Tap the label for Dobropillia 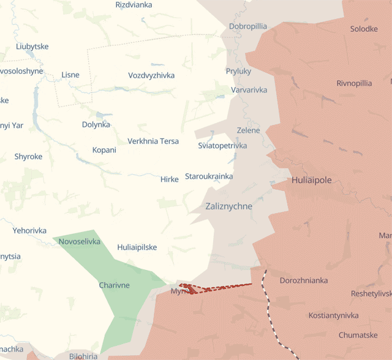pos(248,26)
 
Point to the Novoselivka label pos(79,242)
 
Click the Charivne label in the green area pos(114,285)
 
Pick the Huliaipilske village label pos(137,247)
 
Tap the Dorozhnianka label pos(303,281)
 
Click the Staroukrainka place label pos(209,177)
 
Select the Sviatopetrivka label pos(222,146)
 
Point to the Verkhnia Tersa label pos(153,141)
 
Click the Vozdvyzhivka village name pos(151,75)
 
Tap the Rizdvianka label pos(134,5)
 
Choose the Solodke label pos(364,29)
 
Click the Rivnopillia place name pos(354,84)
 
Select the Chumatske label pos(358,336)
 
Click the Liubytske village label pos(32,47)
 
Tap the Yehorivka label pos(29,231)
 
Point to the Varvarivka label pos(249,90)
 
